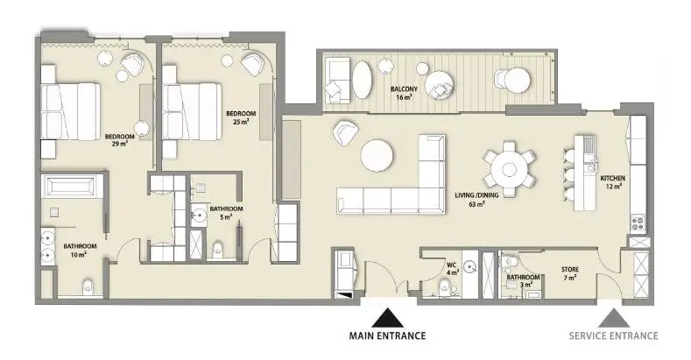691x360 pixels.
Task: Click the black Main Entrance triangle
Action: point(387,318)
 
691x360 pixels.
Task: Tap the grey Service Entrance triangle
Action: point(613,318)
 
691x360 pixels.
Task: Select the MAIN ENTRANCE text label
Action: point(387,335)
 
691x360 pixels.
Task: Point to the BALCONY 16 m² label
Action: point(404,93)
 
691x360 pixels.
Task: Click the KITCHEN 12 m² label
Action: point(612,182)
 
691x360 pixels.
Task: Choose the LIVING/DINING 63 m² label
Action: point(476,199)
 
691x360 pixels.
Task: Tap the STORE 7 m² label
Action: point(570,273)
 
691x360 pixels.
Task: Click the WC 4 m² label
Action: point(452,269)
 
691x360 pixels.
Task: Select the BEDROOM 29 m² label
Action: point(119,140)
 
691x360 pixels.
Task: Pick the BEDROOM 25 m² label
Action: point(241,117)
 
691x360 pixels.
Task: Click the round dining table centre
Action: point(510,169)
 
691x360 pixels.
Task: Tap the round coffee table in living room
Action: point(377,156)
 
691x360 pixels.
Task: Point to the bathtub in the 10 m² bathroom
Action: point(73,187)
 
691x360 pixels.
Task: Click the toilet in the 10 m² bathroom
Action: point(88,286)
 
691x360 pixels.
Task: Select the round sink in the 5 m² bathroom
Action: point(199,215)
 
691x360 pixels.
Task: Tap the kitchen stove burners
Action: point(638,222)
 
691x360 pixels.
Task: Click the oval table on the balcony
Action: point(362,79)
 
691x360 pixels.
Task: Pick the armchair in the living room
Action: point(345,132)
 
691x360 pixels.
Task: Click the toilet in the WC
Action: point(445,289)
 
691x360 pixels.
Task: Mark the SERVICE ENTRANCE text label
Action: point(613,335)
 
